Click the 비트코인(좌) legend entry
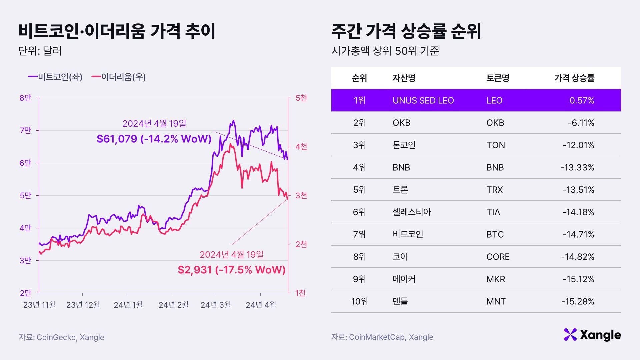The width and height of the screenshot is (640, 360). click(55, 77)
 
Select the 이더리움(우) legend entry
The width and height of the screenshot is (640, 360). click(119, 77)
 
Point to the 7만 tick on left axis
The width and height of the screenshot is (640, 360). click(25, 130)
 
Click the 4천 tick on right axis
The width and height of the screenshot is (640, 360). click(301, 147)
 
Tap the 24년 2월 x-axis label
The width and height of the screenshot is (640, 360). click(173, 305)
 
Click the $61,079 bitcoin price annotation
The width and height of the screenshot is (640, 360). click(154, 139)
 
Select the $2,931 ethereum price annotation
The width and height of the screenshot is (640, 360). click(231, 270)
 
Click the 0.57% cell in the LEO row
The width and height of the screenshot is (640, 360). click(582, 100)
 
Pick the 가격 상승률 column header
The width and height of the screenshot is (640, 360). click(574, 78)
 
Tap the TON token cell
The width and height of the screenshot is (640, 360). click(495, 145)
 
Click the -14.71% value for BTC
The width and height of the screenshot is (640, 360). click(578, 234)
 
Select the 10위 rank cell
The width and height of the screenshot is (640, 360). click(359, 301)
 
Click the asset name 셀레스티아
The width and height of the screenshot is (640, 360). click(412, 212)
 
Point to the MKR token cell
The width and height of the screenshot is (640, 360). click(495, 279)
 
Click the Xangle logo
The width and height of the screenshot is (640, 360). click(592, 335)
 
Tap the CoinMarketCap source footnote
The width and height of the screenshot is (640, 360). click(382, 337)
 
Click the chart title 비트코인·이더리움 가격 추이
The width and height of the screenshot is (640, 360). click(117, 31)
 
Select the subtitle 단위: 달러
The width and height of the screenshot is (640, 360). click(40, 51)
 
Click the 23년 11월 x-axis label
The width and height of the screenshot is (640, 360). click(39, 305)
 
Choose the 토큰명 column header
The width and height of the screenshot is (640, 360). click(497, 78)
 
